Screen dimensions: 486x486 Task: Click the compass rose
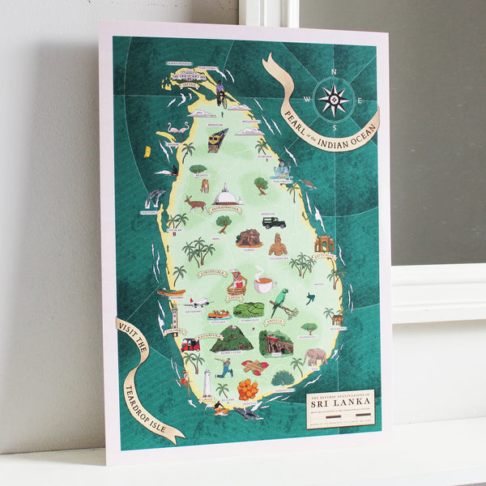[x=333, y=100]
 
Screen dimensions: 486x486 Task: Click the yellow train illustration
[x=216, y=139]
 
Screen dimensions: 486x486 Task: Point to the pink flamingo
[x=177, y=130]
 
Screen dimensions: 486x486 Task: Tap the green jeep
[x=272, y=222]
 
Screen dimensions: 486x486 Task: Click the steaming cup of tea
[x=264, y=283]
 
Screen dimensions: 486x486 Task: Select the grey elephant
[x=316, y=356]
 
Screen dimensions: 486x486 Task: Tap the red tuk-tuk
[x=190, y=344]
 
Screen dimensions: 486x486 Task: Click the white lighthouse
[x=207, y=383]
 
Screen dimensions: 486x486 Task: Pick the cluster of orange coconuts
[x=248, y=390]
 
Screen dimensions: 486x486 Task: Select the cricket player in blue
[x=228, y=368]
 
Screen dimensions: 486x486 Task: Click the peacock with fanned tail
[x=282, y=377]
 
